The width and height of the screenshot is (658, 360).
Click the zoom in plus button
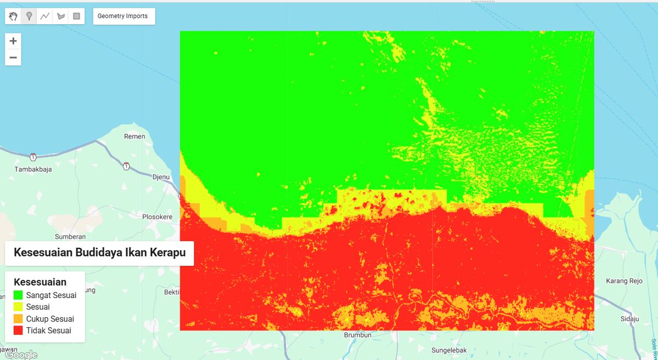(13, 41)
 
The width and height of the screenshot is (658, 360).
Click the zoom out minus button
(13, 58)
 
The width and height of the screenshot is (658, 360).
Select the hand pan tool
(13, 16)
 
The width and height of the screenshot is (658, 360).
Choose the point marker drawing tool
(29, 16)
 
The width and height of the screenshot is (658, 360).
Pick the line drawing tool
(45, 16)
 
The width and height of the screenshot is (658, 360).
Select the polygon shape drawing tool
(61, 16)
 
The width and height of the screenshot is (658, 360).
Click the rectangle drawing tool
(77, 16)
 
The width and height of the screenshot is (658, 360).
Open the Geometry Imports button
(123, 16)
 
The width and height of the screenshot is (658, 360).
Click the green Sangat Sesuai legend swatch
(18, 295)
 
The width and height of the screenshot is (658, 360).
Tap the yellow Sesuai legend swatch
(18, 307)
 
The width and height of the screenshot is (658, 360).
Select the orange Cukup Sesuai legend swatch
(18, 319)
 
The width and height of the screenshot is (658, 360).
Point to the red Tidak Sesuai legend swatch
(18, 330)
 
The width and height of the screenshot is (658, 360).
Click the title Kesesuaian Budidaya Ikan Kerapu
(99, 253)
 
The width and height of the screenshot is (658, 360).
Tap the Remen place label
(134, 136)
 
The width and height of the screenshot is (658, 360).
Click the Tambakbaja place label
(33, 169)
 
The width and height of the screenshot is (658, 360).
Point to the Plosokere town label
(157, 217)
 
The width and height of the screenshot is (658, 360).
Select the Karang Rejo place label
(624, 281)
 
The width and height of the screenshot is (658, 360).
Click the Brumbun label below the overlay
(358, 335)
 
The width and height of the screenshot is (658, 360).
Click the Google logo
(21, 355)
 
